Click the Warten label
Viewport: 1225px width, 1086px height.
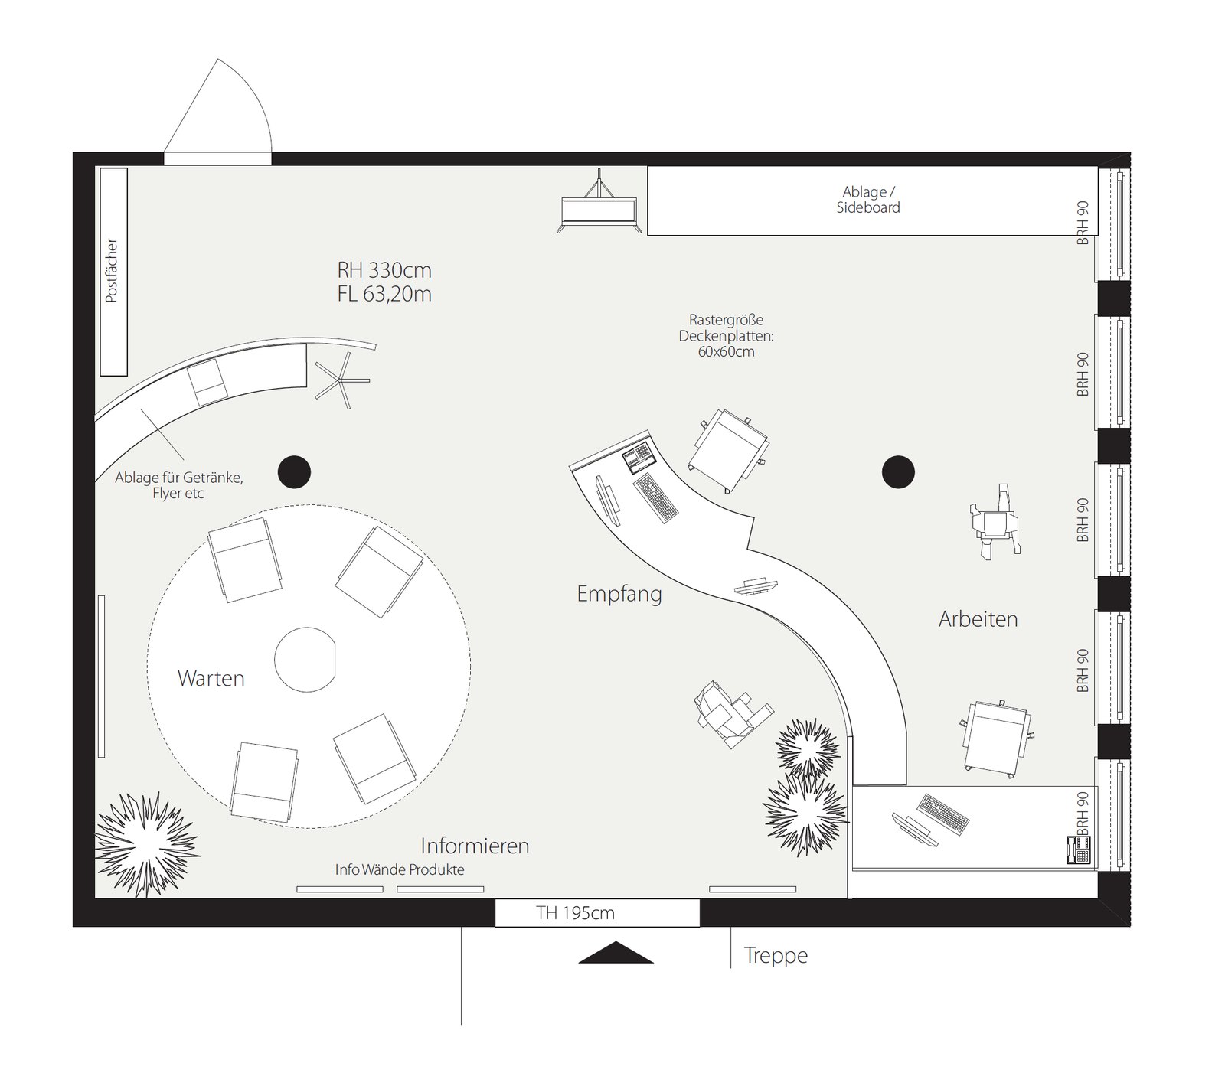211,678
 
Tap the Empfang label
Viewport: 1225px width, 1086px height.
619,594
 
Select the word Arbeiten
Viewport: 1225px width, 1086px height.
978,618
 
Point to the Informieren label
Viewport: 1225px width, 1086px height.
475,846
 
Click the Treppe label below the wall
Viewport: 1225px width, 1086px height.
776,956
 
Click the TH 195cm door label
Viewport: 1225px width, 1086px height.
576,912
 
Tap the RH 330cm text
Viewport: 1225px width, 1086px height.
384,270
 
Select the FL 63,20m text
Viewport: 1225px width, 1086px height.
384,294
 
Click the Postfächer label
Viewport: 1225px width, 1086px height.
112,271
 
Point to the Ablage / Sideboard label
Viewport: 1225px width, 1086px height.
867,200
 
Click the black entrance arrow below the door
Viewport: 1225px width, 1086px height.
616,953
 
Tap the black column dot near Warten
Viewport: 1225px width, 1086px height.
294,471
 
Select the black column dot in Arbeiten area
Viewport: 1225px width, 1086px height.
898,471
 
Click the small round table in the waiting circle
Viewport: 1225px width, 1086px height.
305,660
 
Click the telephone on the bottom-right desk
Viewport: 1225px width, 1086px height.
1080,850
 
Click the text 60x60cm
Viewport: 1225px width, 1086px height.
726,352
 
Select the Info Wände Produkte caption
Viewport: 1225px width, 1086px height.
400,869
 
